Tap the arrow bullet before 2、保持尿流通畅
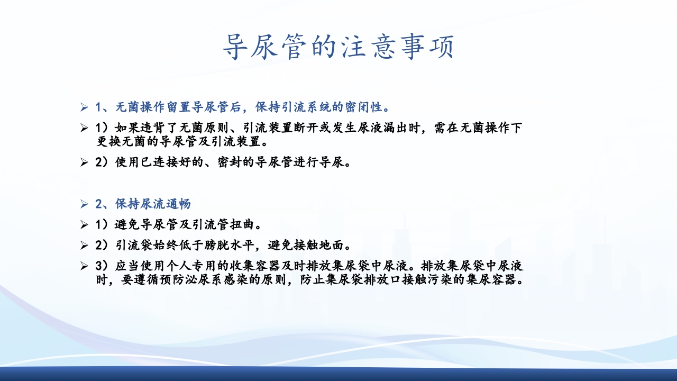[x=84, y=204]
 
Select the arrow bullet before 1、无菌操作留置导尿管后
[x=84, y=108]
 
